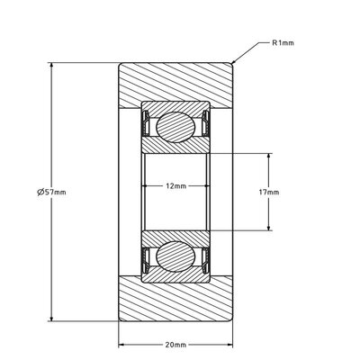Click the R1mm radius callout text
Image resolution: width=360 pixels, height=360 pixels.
(283, 42)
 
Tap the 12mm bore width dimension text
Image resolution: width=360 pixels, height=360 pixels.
(176, 185)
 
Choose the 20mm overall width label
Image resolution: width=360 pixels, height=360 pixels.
(176, 345)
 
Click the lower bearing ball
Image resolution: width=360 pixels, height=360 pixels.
(175, 256)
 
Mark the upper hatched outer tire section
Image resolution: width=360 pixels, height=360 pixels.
(176, 83)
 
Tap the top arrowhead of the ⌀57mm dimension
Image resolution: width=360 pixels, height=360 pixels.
(50, 67)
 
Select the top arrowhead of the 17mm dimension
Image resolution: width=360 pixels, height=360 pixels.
(267, 156)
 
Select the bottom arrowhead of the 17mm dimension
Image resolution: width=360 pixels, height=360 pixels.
(267, 229)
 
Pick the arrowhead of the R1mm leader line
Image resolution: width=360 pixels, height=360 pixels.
(234, 61)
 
